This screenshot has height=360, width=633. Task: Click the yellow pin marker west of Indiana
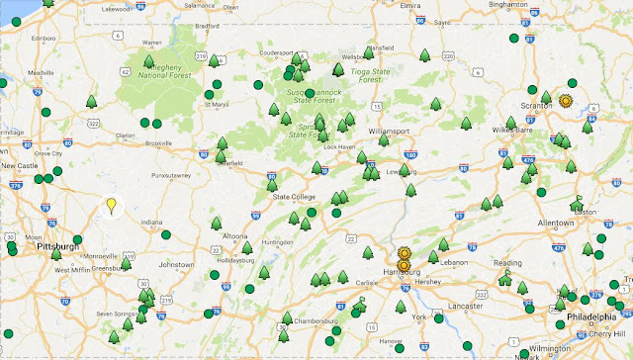[112, 206]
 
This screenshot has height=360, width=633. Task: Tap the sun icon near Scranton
[566, 101]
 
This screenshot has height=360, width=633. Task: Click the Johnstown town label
[177, 265]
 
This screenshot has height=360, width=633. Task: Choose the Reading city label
[507, 264]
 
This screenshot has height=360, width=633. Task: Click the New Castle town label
[20, 166]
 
